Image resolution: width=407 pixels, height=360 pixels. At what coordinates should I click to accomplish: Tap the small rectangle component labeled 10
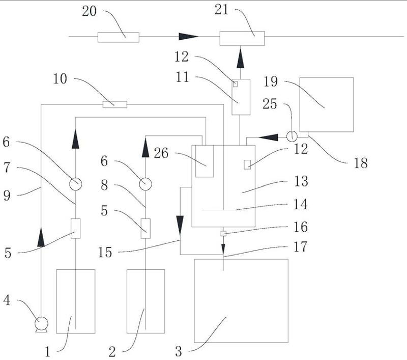pyautogui.click(x=114, y=104)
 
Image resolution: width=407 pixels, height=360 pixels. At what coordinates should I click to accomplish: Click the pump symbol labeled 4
pyautogui.click(x=40, y=323)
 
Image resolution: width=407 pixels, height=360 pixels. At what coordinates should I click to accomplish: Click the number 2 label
pyautogui.click(x=112, y=351)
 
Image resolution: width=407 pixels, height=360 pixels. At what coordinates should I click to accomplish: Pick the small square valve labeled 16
pyautogui.click(x=223, y=233)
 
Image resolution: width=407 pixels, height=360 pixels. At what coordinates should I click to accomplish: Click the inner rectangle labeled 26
pyautogui.click(x=205, y=161)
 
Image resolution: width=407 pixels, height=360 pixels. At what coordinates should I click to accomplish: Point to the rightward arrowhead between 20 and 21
pyautogui.click(x=188, y=36)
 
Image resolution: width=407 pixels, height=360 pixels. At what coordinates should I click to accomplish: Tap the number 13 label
pyautogui.click(x=315, y=181)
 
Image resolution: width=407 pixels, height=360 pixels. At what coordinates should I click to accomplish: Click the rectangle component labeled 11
pyautogui.click(x=241, y=97)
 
